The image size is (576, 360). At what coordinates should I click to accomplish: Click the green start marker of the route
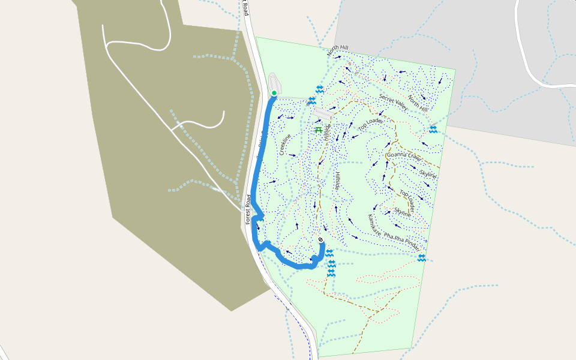274,93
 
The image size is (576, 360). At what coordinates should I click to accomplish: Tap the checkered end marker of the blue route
321,240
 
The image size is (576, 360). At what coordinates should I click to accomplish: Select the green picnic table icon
319,129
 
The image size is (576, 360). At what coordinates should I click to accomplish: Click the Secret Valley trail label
393,103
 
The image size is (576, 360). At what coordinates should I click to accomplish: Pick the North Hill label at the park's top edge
338,50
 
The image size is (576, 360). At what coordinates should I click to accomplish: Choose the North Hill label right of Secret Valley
418,103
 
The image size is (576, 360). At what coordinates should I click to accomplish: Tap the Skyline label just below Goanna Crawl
428,174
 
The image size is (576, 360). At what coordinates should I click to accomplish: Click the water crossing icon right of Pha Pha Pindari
422,257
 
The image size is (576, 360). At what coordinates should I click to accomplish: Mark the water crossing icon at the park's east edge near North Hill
433,129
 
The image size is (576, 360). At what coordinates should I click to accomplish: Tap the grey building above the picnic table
323,113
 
